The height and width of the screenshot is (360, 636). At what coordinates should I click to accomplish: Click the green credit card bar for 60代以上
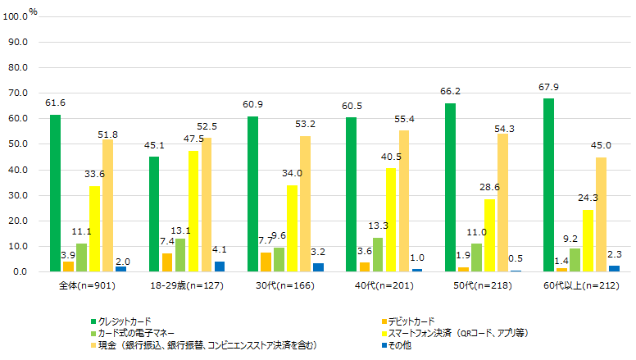coord(547,185)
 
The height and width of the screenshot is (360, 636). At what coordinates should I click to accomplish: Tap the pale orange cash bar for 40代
coord(403,201)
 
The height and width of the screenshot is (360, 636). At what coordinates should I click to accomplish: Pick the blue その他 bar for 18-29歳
coord(220,267)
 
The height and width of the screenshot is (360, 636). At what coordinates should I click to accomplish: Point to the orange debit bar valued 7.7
coord(266,262)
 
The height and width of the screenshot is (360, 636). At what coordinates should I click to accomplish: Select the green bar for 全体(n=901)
coord(55,193)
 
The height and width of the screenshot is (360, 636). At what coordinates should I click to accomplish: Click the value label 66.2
coord(449,93)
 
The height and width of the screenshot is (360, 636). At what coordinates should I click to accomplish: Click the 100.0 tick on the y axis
coord(17,16)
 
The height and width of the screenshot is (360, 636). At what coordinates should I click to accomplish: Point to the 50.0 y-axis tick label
coord(19,144)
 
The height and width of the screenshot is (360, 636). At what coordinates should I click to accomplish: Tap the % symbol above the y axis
coord(33,11)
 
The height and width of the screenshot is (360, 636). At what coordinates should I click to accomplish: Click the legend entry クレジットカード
coord(123,321)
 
